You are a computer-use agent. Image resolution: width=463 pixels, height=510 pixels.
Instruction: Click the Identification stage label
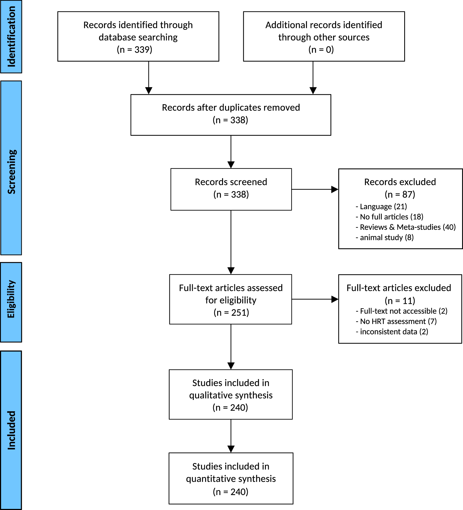(11, 37)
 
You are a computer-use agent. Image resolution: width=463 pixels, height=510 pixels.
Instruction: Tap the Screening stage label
(11, 172)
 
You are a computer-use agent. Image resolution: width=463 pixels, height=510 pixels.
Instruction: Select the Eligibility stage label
(11, 299)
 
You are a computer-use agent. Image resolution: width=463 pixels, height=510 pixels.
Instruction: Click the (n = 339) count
(134, 50)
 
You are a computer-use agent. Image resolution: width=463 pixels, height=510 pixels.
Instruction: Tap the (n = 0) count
(321, 50)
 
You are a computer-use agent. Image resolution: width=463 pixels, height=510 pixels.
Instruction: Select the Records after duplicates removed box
(231, 115)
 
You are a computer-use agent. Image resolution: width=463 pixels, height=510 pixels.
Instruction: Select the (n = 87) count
(400, 194)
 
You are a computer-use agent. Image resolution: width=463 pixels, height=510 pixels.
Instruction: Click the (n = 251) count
(231, 313)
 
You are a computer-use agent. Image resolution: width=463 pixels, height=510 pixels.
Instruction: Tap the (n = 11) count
(400, 301)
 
